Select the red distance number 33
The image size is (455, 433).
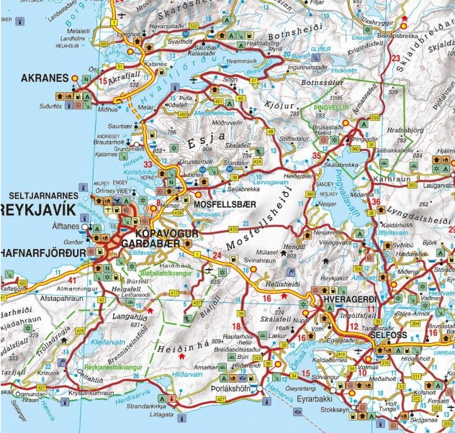(x=149, y=165)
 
